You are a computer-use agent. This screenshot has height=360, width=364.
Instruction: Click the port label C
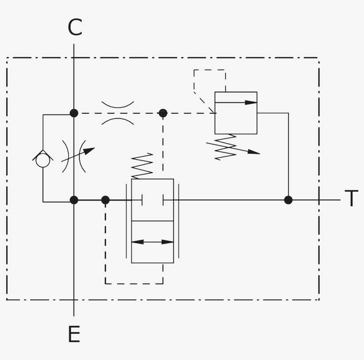click(x=75, y=28)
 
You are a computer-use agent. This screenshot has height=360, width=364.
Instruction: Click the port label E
click(x=74, y=335)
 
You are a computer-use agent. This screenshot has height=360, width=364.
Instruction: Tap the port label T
click(x=351, y=199)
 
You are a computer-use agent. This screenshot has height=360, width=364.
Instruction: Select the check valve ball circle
click(x=43, y=160)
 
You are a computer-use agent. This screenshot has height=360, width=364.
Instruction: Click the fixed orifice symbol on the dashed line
click(x=118, y=113)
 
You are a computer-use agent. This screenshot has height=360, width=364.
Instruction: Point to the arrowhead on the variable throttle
click(x=89, y=151)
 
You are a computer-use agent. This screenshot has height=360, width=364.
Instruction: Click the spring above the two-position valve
click(x=142, y=166)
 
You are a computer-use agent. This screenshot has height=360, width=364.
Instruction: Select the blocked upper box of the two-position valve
click(x=152, y=200)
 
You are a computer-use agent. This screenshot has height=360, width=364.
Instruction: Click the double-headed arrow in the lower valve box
click(x=152, y=242)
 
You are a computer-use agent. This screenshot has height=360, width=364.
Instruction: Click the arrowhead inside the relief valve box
click(x=251, y=103)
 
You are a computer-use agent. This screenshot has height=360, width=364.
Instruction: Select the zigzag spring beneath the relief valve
click(x=226, y=147)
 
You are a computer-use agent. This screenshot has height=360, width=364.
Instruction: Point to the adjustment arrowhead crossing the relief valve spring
click(x=253, y=152)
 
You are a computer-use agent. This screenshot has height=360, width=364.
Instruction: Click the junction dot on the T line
click(x=288, y=200)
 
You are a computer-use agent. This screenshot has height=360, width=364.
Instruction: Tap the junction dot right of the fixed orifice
click(x=163, y=113)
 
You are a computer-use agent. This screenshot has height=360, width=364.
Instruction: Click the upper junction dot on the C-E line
click(x=74, y=113)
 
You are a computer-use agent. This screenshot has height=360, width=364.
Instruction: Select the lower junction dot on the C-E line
click(x=74, y=200)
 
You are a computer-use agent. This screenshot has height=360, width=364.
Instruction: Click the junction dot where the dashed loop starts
click(x=105, y=200)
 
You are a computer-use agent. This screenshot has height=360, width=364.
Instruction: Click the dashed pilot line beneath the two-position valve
click(x=133, y=284)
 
